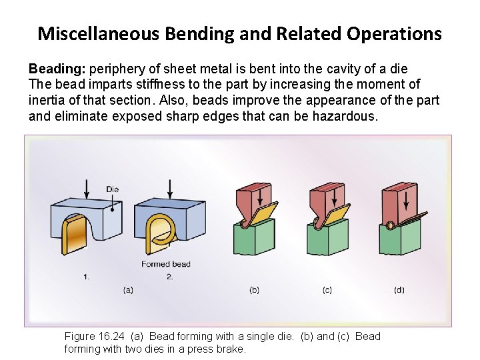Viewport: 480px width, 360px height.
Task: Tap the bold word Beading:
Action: point(57,69)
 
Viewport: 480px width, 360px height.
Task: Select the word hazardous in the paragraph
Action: point(349,117)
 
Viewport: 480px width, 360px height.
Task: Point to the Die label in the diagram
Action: point(112,189)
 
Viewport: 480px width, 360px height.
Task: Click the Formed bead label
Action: point(165,265)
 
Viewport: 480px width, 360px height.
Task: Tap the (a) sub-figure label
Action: point(129,290)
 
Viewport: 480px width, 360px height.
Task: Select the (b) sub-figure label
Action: point(254,290)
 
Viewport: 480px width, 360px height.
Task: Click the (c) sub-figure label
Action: point(327,290)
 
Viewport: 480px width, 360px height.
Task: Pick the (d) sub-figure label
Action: point(399,290)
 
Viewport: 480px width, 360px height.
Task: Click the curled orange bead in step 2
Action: point(160,232)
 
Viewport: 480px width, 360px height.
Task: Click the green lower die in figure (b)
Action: point(254,239)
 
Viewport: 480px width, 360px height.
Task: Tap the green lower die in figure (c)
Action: point(326,239)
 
